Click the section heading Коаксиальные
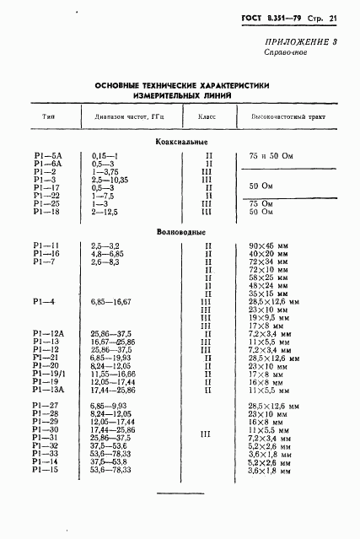click(x=181, y=141)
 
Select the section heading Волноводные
click(x=181, y=230)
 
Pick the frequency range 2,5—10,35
click(x=110, y=180)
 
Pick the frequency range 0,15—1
click(x=105, y=156)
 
